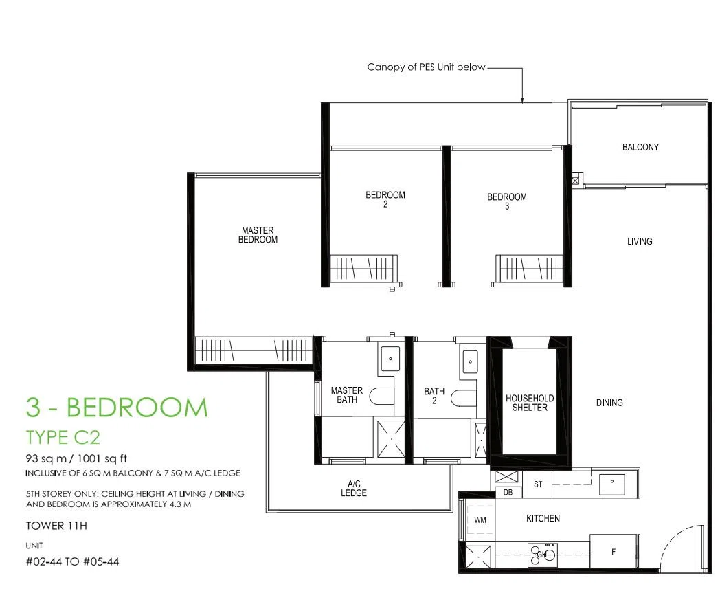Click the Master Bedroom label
pos(258,234)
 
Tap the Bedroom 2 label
pos(385,199)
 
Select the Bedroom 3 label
pos(507,201)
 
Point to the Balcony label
pos(640,147)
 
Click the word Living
pos(640,241)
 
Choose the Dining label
pos(609,403)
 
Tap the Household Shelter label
pos(530,403)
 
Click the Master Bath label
pos(347,395)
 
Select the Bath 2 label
pos(434,396)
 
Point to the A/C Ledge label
pos(354,488)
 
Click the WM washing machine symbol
pos(480,520)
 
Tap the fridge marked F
pos(613,552)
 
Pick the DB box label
pos(508,492)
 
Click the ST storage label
pos(538,484)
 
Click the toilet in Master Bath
pos(382,397)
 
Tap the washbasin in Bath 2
pos(470,361)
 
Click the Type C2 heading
pos(63,437)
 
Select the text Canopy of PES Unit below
pos(426,67)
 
